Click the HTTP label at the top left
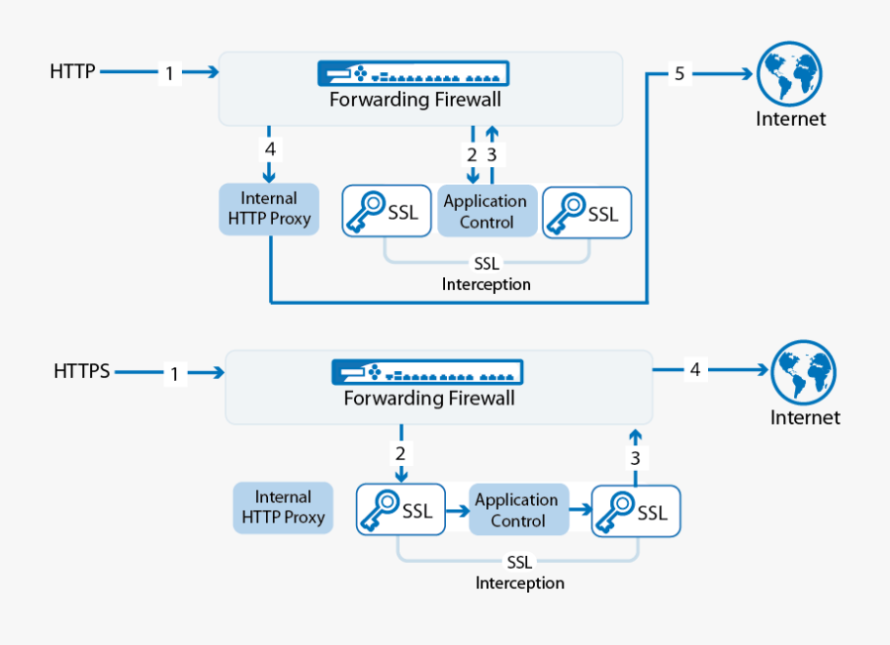tap(72, 71)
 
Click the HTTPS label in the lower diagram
tap(82, 372)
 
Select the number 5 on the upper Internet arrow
tap(679, 73)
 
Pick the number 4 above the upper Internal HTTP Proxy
tap(269, 149)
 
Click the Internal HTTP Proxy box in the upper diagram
tap(269, 209)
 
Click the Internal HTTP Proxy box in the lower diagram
tap(284, 507)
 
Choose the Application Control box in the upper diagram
tap(486, 211)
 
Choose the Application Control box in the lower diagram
tap(518, 510)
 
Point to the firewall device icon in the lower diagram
tap(427, 373)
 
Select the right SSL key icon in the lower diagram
tap(615, 511)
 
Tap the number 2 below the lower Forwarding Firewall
tap(400, 454)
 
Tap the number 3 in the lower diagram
tap(636, 457)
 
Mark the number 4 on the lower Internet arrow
tap(695, 370)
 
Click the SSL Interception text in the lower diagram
tap(519, 573)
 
